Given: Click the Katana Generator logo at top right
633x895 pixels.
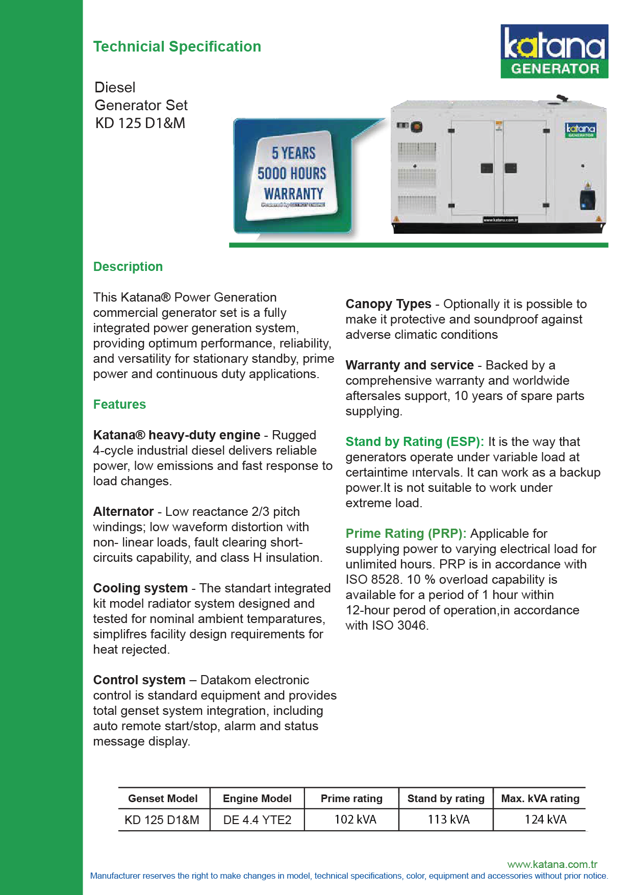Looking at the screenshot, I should point(554,51).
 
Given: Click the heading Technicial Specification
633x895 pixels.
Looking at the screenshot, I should point(177,46).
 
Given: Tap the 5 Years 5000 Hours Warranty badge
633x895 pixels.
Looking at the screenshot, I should point(292,175).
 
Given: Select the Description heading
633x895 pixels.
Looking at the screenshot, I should point(128,266).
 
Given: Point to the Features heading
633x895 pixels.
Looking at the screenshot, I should point(119,404).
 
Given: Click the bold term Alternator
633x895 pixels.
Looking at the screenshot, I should point(123,511).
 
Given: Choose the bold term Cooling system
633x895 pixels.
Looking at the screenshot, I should point(140,588).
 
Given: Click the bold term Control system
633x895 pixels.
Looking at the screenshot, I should point(139,680).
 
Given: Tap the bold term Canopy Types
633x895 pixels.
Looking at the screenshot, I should point(388,304).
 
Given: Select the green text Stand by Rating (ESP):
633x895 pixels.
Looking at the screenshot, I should point(414,441).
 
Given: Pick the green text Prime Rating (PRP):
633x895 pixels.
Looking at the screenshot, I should point(406,533).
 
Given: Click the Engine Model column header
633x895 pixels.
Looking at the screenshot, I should point(257,798).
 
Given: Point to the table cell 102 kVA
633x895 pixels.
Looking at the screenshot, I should point(355,819).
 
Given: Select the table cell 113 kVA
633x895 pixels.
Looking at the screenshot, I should point(448,819).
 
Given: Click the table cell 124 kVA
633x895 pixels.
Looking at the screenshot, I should point(545,819).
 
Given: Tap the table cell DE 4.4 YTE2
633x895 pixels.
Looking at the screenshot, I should point(257,819).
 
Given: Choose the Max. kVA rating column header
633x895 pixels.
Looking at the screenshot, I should point(540,798).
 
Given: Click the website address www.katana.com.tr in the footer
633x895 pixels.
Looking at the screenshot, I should point(552,864).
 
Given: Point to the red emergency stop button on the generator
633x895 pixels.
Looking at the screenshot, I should point(416,126).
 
